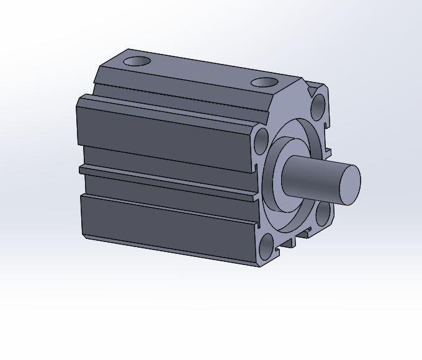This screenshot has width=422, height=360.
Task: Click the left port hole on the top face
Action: pyautogui.click(x=137, y=61)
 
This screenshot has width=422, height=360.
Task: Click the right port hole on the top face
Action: pyautogui.click(x=265, y=82)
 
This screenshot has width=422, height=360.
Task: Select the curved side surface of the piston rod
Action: pyautogui.click(x=313, y=177)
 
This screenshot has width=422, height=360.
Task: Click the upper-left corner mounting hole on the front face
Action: pyautogui.click(x=261, y=140)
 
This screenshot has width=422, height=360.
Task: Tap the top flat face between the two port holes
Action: pyautogui.click(x=199, y=71)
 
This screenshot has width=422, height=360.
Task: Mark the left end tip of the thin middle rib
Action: pyautogui.click(x=81, y=168)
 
